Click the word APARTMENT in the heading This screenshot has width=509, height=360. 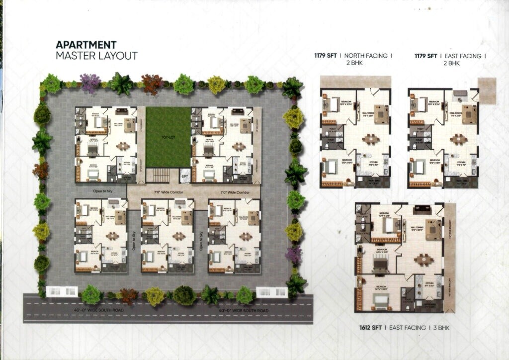click(x=86, y=45)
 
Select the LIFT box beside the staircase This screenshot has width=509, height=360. click(x=184, y=176)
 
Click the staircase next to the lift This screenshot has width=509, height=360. click(x=160, y=176)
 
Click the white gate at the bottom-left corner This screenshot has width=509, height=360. click(x=60, y=292)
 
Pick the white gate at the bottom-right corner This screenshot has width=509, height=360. click(x=270, y=292)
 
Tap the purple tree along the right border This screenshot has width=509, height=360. click(x=294, y=255)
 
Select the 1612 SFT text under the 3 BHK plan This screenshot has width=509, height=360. click(x=370, y=328)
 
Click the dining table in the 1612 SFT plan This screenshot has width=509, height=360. click(x=423, y=259)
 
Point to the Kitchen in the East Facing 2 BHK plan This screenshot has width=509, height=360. click(x=461, y=163)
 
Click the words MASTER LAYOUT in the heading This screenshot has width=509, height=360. click(x=96, y=56)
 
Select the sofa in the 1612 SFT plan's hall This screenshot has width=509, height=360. click(x=431, y=227)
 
